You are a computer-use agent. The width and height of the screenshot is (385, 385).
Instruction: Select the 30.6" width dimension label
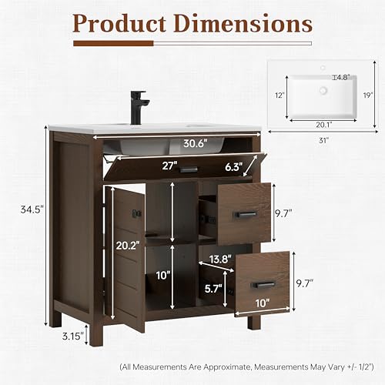pyautogui.click(x=195, y=143)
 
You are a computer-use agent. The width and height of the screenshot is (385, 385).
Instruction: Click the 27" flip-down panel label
pyautogui.click(x=168, y=166)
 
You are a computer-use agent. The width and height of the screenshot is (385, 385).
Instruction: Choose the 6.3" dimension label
pyautogui.click(x=233, y=167)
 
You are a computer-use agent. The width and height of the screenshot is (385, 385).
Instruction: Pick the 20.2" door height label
pyautogui.click(x=128, y=246)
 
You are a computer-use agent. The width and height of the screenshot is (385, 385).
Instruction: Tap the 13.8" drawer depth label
pyautogui.click(x=220, y=259)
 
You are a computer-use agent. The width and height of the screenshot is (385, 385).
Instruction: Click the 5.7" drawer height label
pyautogui.click(x=213, y=289)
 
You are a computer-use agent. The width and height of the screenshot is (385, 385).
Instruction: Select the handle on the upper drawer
pyautogui.click(x=246, y=214)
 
